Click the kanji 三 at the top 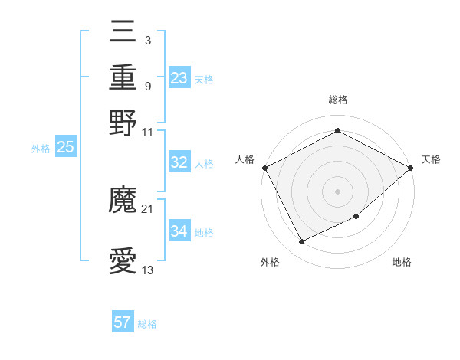click(x=123, y=32)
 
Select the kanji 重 click(x=123, y=77)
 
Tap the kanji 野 click(x=123, y=123)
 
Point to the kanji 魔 click(x=123, y=201)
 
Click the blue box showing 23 click(x=179, y=78)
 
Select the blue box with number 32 click(x=179, y=162)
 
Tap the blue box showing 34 click(x=179, y=231)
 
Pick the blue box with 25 click(x=65, y=148)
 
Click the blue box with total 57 click(x=123, y=322)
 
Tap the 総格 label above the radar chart click(x=337, y=100)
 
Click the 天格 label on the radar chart click(x=431, y=159)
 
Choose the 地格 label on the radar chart click(x=402, y=262)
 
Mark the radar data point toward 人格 click(x=264, y=167)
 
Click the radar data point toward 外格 click(x=301, y=242)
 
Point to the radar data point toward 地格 click(x=356, y=218)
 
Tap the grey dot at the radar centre click(x=337, y=191)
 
